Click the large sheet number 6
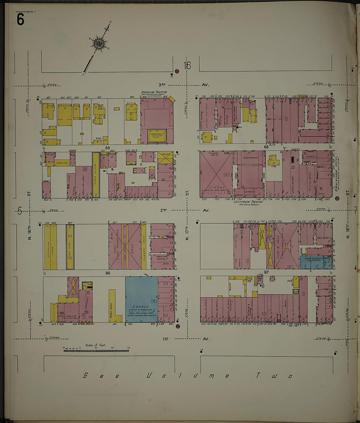coord(20,20)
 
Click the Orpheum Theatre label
coord(154,92)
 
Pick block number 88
coord(266,147)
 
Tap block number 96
coord(108,273)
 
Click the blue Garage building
coord(141,299)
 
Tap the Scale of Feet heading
coord(96,345)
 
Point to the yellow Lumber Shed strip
coord(144,246)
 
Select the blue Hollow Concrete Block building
coord(316,262)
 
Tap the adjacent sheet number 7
coord(355,211)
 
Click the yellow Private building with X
coord(165,158)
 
